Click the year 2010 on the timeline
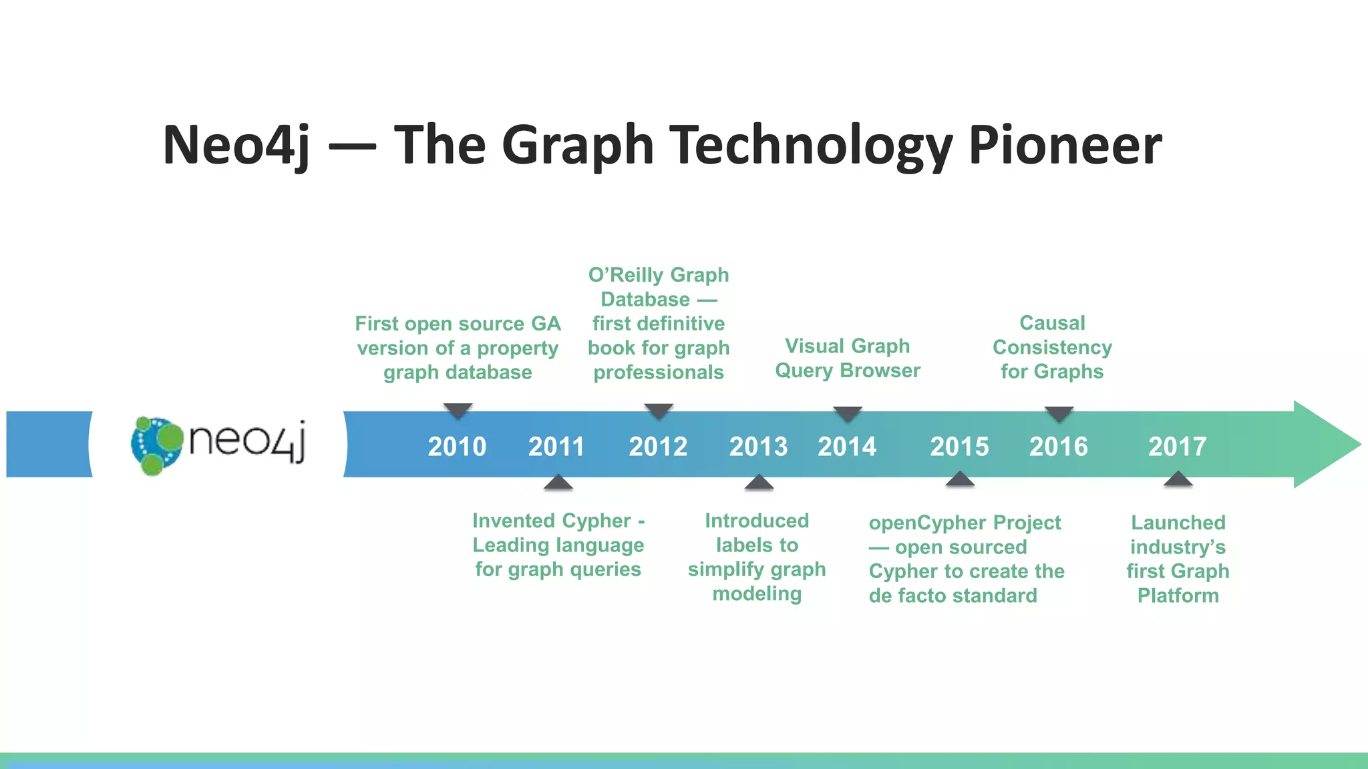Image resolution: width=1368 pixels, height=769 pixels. (x=457, y=446)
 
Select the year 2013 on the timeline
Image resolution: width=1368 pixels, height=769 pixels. (x=758, y=446)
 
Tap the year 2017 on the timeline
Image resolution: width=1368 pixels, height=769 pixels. (x=1177, y=446)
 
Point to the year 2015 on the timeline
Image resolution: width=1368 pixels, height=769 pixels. (x=959, y=446)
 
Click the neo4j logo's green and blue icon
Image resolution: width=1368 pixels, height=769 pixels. (x=156, y=445)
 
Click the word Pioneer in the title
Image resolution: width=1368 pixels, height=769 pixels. (x=1065, y=145)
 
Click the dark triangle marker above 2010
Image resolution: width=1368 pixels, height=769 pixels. (x=458, y=410)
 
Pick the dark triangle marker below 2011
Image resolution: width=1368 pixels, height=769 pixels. (x=558, y=483)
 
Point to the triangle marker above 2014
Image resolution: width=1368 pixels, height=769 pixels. (x=848, y=413)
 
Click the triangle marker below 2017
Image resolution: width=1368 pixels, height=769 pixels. (x=1178, y=479)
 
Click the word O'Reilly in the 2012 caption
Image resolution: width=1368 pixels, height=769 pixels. (x=625, y=275)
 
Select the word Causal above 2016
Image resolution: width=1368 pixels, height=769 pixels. (x=1052, y=323)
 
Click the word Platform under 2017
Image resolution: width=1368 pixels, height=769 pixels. (x=1178, y=595)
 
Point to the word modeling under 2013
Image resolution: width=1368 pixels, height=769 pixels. (x=756, y=593)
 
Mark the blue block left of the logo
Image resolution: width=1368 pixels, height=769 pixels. (x=48, y=444)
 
